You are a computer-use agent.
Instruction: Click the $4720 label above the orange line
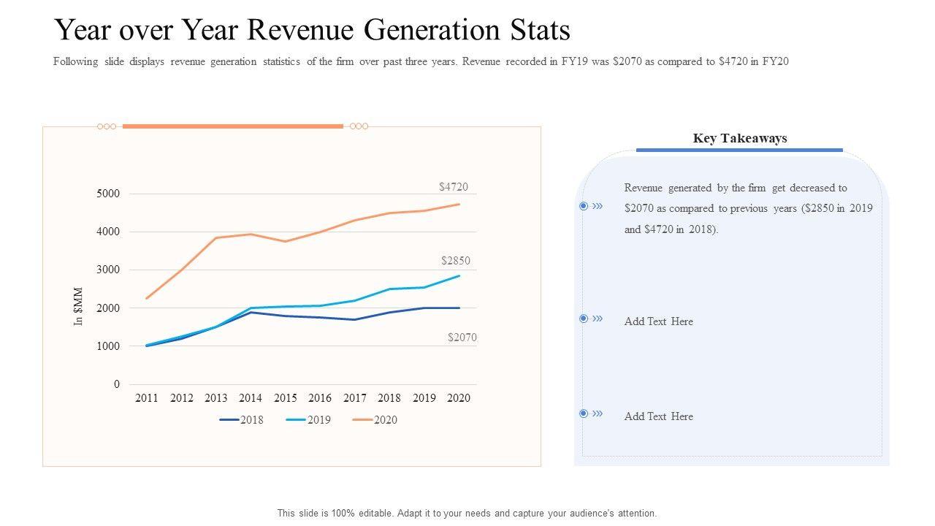pyautogui.click(x=453, y=187)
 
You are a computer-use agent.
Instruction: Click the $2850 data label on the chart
pyautogui.click(x=456, y=261)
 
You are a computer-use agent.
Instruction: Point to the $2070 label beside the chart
pyautogui.click(x=462, y=338)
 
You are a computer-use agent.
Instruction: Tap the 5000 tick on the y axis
pyautogui.click(x=107, y=194)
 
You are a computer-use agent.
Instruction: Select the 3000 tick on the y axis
pyautogui.click(x=107, y=270)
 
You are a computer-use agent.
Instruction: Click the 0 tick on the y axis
pyautogui.click(x=116, y=384)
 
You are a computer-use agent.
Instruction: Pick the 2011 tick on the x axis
pyautogui.click(x=147, y=398)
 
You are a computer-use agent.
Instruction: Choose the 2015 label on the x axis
pyautogui.click(x=286, y=398)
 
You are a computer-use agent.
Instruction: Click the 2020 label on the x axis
pyautogui.click(x=459, y=398)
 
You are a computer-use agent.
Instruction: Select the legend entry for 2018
pyautogui.click(x=241, y=420)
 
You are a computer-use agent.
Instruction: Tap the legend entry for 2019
pyautogui.click(x=308, y=420)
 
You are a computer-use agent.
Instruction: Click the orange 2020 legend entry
pyautogui.click(x=375, y=420)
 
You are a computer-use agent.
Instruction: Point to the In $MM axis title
pyautogui.click(x=79, y=307)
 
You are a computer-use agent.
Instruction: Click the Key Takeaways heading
pyautogui.click(x=739, y=138)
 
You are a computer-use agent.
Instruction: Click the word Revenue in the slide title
pyautogui.click(x=308, y=31)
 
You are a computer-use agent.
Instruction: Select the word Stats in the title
pyautogui.click(x=541, y=31)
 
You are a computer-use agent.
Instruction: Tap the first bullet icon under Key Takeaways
pyautogui.click(x=584, y=206)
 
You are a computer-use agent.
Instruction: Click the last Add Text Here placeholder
pyautogui.click(x=658, y=416)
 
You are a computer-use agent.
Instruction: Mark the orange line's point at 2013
pyautogui.click(x=216, y=238)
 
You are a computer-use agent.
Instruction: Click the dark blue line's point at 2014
pyautogui.click(x=251, y=313)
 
